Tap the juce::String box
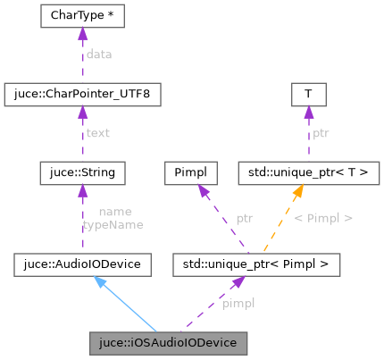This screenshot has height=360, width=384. tap(82, 169)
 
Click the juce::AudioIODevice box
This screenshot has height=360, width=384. tap(82, 264)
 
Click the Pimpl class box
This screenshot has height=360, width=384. tap(191, 169)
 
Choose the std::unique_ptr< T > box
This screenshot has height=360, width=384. tap(308, 169)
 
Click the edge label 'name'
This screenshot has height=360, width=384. tap(116, 212)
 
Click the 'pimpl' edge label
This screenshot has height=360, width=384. tap(238, 303)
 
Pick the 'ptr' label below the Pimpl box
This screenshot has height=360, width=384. tap(244, 217)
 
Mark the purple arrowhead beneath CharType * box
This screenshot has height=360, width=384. tap(82, 35)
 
